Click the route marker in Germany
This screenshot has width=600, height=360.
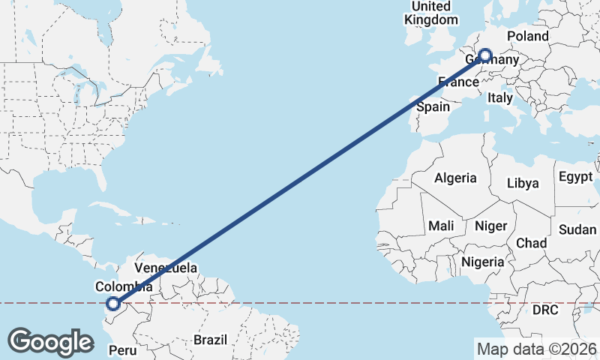[485, 55]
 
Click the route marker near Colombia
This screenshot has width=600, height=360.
[113, 304]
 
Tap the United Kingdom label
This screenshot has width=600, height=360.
[430, 13]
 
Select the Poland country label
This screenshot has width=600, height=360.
[528, 36]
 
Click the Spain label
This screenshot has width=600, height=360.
[433, 106]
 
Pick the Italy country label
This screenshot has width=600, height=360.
[500, 97]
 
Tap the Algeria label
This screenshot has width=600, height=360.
[455, 178]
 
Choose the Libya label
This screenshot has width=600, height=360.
[523, 183]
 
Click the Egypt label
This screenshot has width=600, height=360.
[575, 178]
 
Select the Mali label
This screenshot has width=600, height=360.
[441, 225]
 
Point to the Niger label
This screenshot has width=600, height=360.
[490, 225]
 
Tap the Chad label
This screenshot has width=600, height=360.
[531, 243]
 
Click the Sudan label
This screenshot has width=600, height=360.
[577, 229]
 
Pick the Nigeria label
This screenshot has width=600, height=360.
[483, 262]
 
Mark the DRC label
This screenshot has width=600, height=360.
[546, 310]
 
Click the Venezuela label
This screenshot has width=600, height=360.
[166, 268]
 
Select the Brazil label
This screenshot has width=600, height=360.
[210, 340]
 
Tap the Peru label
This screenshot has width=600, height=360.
[124, 350]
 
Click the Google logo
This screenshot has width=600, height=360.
[50, 342]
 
